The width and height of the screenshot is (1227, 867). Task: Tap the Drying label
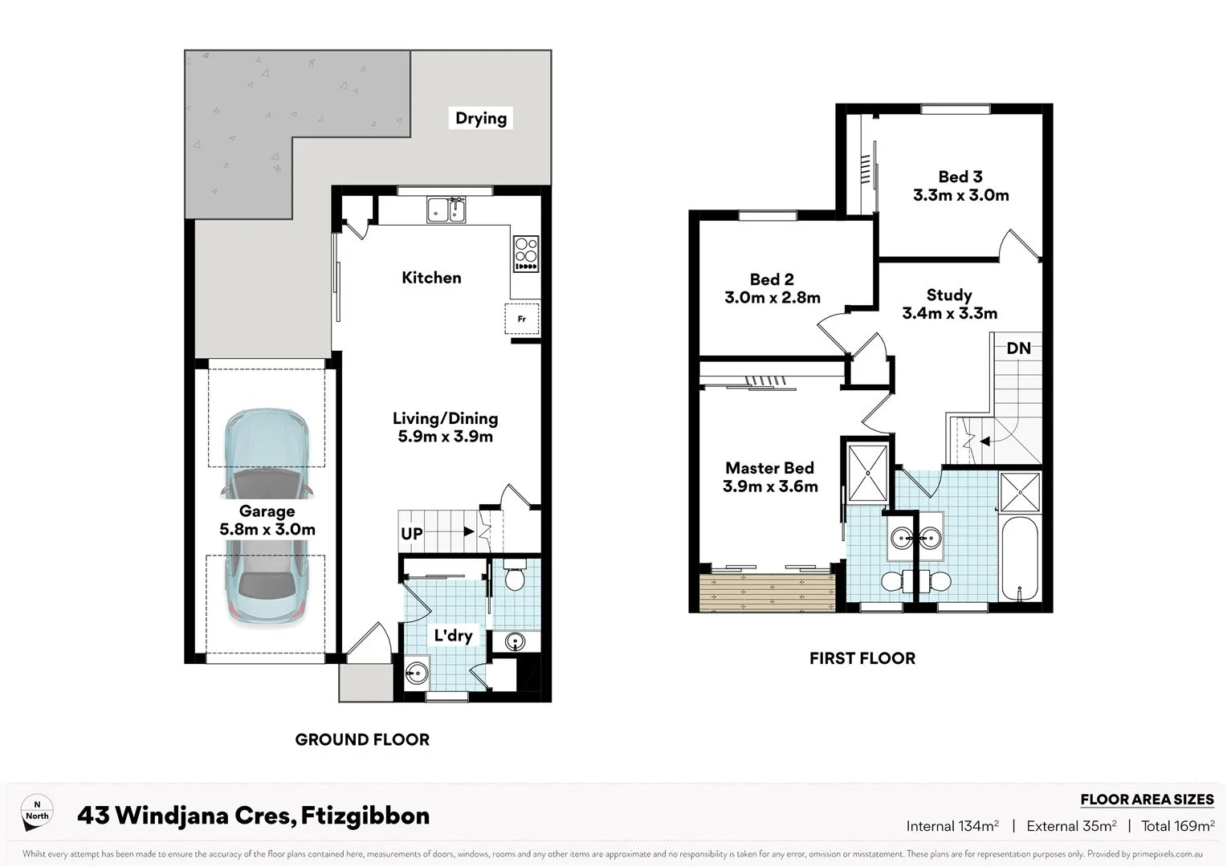tap(481, 118)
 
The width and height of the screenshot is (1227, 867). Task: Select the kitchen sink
tap(446, 210)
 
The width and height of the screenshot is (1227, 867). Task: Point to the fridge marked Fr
tap(522, 319)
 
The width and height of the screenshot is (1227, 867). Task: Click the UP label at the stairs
tap(412, 534)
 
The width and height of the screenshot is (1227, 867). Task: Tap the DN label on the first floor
tap(1018, 348)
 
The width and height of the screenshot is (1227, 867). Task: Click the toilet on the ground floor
tap(514, 578)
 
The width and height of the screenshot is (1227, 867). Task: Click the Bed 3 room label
tap(960, 177)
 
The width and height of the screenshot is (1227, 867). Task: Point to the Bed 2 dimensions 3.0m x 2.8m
tap(772, 298)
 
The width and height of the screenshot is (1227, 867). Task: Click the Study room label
tap(948, 295)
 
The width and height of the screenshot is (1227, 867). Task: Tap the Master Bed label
tap(769, 468)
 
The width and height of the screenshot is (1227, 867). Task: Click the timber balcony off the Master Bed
tap(767, 592)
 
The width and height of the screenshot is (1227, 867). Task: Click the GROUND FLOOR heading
tap(362, 739)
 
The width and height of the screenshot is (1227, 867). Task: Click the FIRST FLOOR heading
tap(862, 658)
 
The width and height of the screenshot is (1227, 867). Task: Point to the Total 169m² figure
tap(1177, 826)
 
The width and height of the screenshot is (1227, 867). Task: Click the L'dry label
tap(453, 636)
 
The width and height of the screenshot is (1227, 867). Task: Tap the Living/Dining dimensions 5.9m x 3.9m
tap(445, 437)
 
